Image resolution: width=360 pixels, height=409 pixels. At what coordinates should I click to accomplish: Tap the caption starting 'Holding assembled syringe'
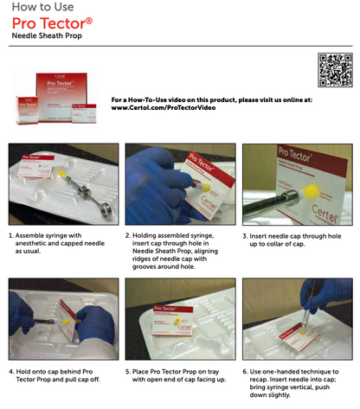[177, 247]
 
